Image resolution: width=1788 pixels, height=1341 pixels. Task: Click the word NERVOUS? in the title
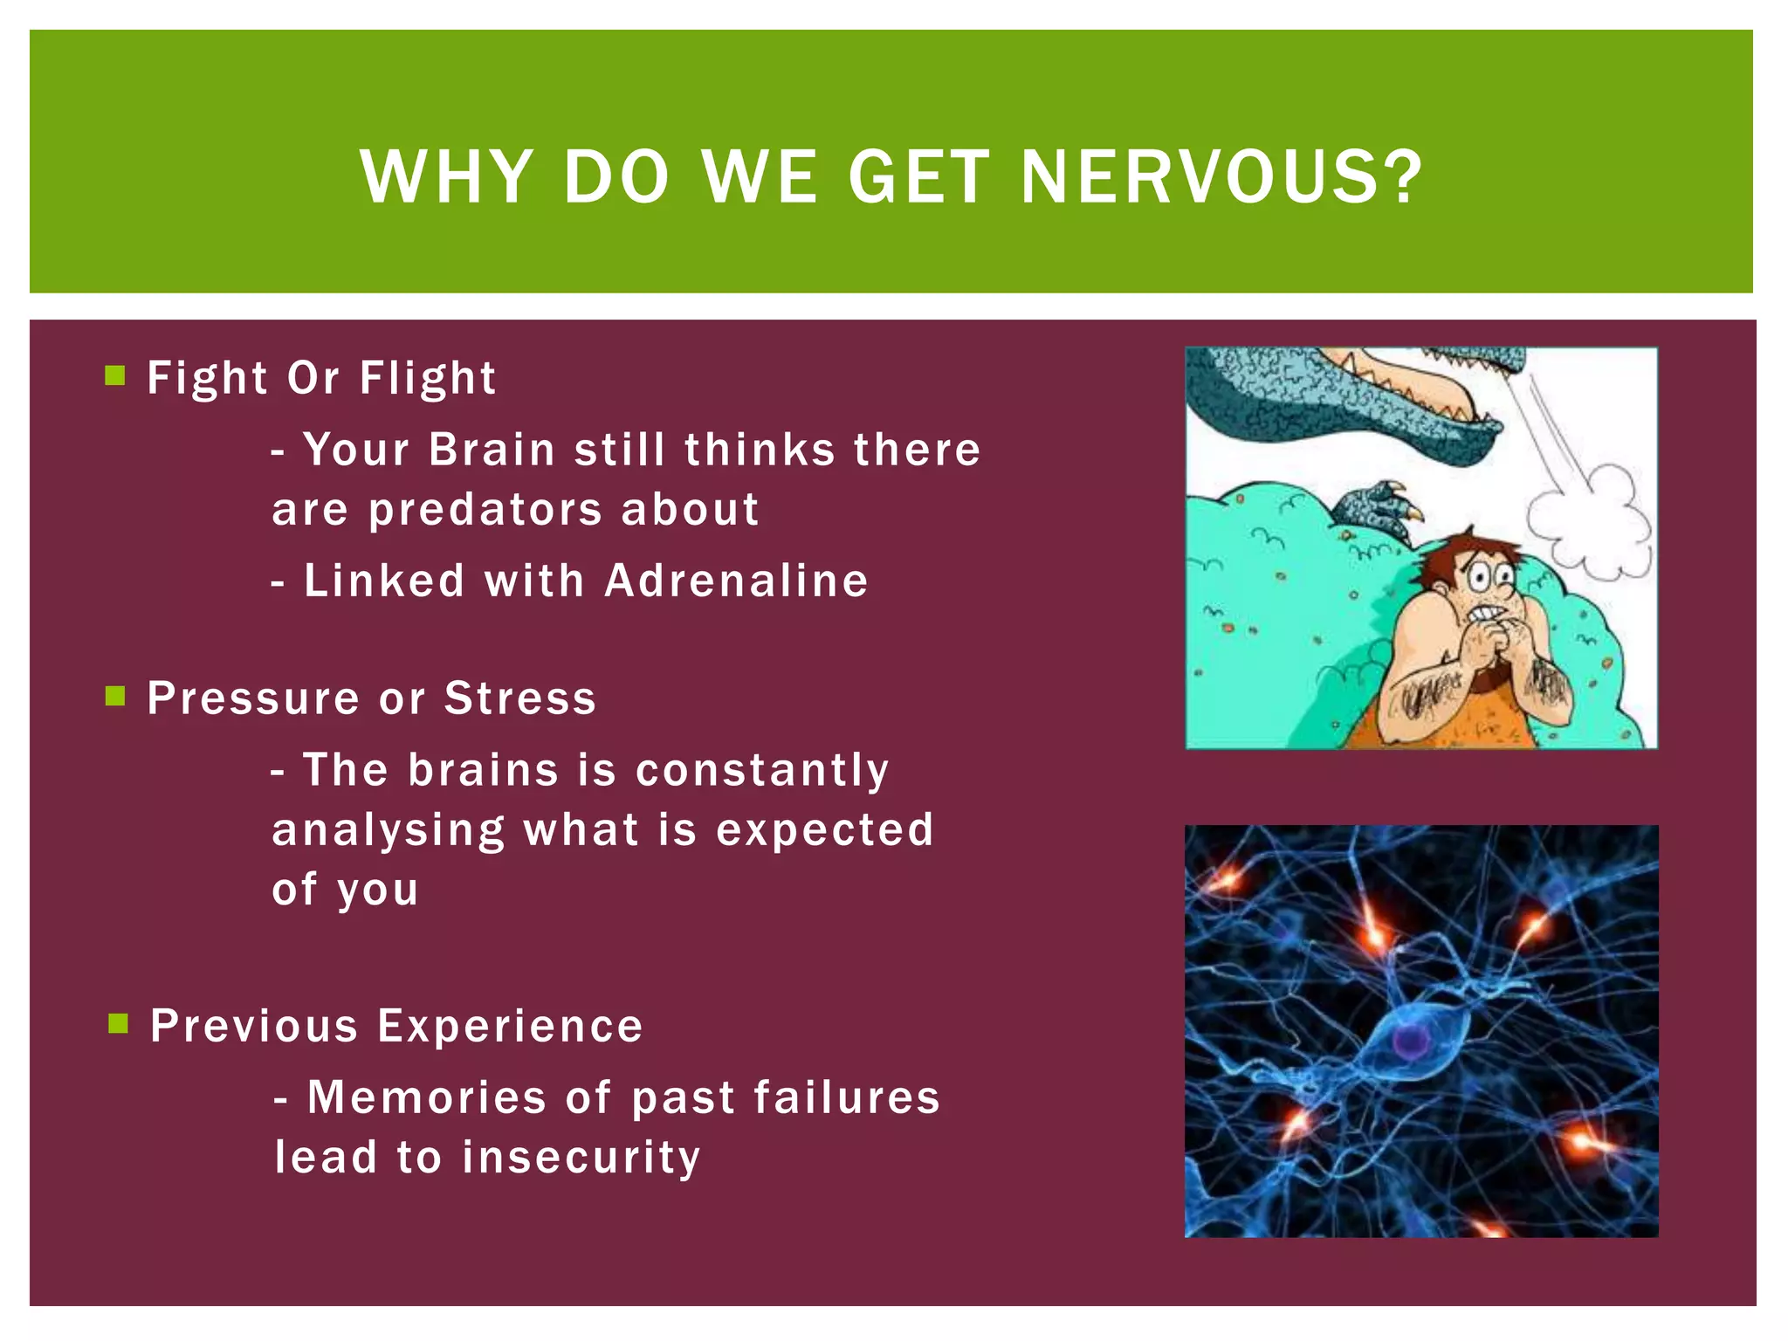[x=1221, y=177]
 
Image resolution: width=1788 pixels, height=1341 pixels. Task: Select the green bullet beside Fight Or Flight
[x=115, y=375]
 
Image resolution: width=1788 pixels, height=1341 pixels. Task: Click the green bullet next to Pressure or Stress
[x=115, y=696]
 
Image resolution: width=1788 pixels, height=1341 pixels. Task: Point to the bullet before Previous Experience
[x=118, y=1023]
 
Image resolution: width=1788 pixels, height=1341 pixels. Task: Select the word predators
[x=485, y=510]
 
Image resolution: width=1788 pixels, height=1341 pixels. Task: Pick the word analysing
[x=388, y=830]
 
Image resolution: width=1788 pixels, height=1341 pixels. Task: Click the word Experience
[x=510, y=1026]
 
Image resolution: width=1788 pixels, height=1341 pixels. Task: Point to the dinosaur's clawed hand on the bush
[x=1379, y=506]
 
